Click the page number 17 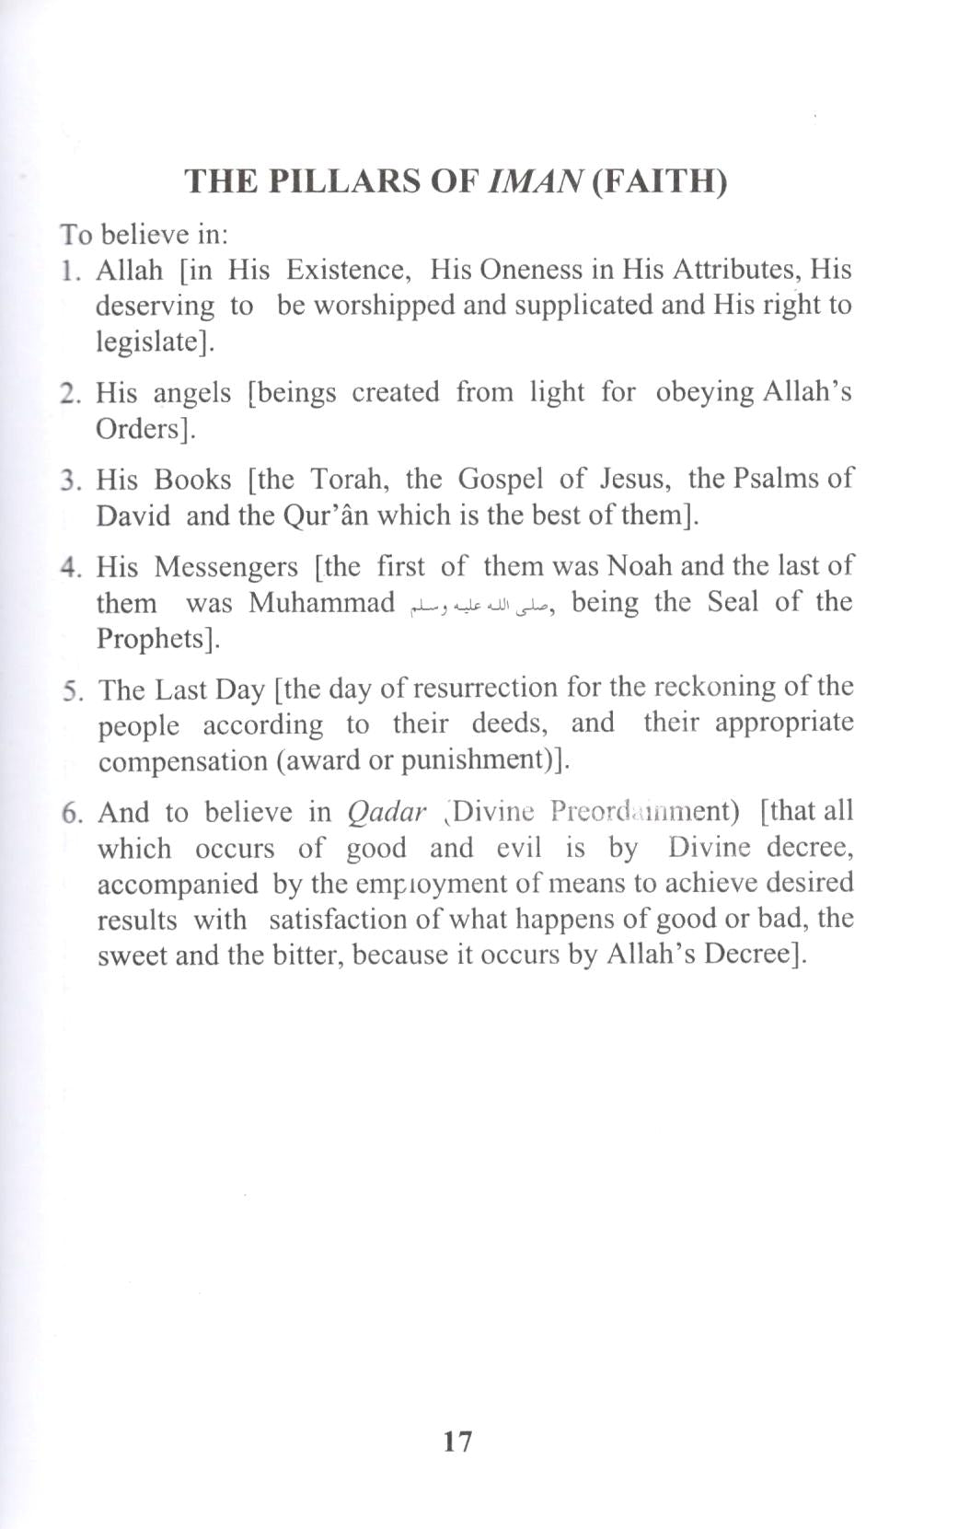[457, 1441]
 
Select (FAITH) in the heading [659, 181]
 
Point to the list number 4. [70, 566]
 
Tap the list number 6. [72, 813]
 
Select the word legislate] [155, 342]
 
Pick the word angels [192, 393]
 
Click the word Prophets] [158, 639]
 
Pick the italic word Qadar [387, 812]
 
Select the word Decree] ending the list [755, 954]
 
